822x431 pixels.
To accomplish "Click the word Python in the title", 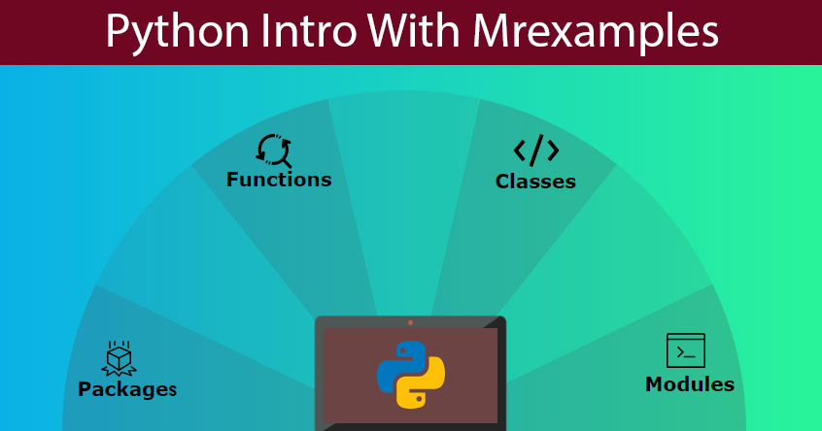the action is click(177, 32).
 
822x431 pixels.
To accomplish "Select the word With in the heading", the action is click(414, 30).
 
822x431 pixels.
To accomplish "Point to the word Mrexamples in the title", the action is click(596, 32).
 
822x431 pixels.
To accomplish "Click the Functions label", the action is click(279, 180).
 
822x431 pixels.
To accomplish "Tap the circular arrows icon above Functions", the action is click(274, 150).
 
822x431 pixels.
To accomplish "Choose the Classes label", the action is click(535, 182).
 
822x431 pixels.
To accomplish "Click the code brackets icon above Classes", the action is click(535, 150).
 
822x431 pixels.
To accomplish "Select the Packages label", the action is click(127, 389).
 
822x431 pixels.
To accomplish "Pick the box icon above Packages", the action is click(119, 358).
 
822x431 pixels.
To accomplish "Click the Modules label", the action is click(689, 383).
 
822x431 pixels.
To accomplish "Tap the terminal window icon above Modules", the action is click(686, 350).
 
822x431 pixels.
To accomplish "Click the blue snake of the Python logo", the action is click(401, 365).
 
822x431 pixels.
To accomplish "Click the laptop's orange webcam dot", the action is click(410, 322).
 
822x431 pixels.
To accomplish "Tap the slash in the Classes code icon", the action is click(536, 150).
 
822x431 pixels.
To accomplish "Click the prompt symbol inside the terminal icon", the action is click(681, 352).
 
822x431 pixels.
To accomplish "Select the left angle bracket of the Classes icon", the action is click(520, 150).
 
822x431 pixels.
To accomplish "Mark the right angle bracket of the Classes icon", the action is click(553, 150).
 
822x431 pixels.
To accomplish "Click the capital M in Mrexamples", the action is click(492, 31).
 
